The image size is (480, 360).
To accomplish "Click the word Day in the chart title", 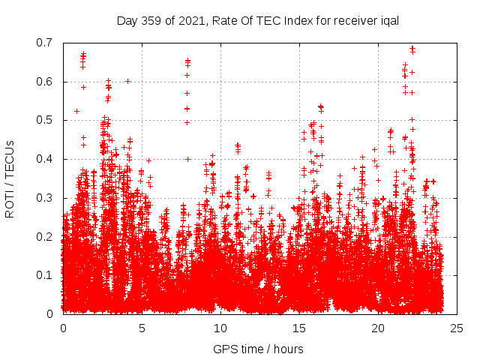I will point(127,20).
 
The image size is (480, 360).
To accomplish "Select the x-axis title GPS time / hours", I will point(258,349).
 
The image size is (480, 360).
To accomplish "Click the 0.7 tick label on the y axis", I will point(46,43).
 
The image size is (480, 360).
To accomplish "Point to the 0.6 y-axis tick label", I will point(46,82).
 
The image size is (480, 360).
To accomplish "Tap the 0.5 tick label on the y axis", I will point(46,120).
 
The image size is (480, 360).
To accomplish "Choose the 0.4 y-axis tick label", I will point(46,159).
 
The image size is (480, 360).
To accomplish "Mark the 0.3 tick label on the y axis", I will point(46,198).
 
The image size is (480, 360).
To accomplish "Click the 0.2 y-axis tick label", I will point(46,236).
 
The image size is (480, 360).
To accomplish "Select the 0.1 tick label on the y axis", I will point(46,275).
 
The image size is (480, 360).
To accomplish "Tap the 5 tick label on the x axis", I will point(142,328).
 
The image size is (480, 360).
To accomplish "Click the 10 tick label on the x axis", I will point(220,328).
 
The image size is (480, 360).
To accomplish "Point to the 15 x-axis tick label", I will point(299,328).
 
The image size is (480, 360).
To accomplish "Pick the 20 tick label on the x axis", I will point(378,328).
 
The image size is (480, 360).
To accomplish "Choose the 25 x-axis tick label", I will point(457,328).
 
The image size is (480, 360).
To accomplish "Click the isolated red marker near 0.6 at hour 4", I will point(127,81).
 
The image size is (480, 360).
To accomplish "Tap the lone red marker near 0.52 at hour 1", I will point(76,111).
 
